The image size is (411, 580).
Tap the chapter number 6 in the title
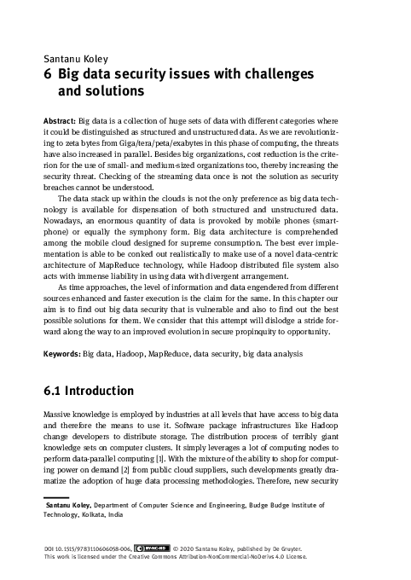point(48,73)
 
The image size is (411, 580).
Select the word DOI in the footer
point(50,550)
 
